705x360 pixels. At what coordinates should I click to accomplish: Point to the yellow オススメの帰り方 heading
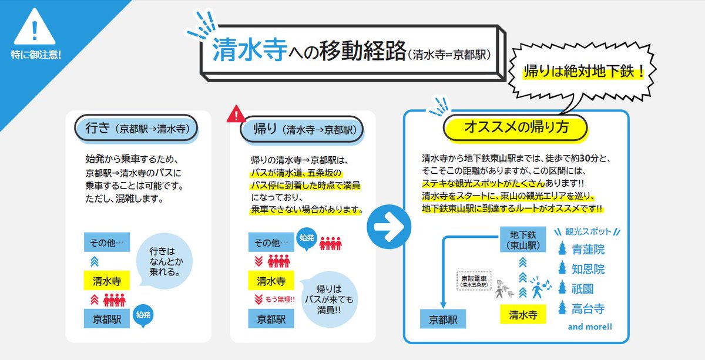[516, 127]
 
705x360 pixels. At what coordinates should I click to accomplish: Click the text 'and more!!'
[589, 327]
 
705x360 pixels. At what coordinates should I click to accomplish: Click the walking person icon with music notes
[538, 287]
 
